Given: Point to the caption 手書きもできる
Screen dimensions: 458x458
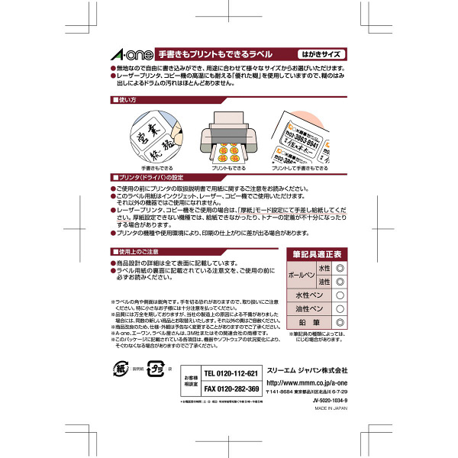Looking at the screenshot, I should coord(156,166).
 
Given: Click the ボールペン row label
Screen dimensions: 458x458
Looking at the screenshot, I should coord(300,275).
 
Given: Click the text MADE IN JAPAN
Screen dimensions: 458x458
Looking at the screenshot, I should coord(329,408).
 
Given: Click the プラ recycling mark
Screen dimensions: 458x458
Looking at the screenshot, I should coord(155,369).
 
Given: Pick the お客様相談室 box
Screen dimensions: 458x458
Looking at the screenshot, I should coord(190,381).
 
